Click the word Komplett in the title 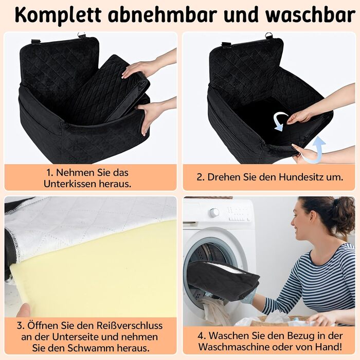(x=58, y=15)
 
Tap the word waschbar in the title (x=310, y=15)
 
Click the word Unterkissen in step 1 (x=69, y=184)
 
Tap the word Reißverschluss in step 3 (x=129, y=326)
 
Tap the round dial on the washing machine (x=214, y=212)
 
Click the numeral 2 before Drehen (x=200, y=177)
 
